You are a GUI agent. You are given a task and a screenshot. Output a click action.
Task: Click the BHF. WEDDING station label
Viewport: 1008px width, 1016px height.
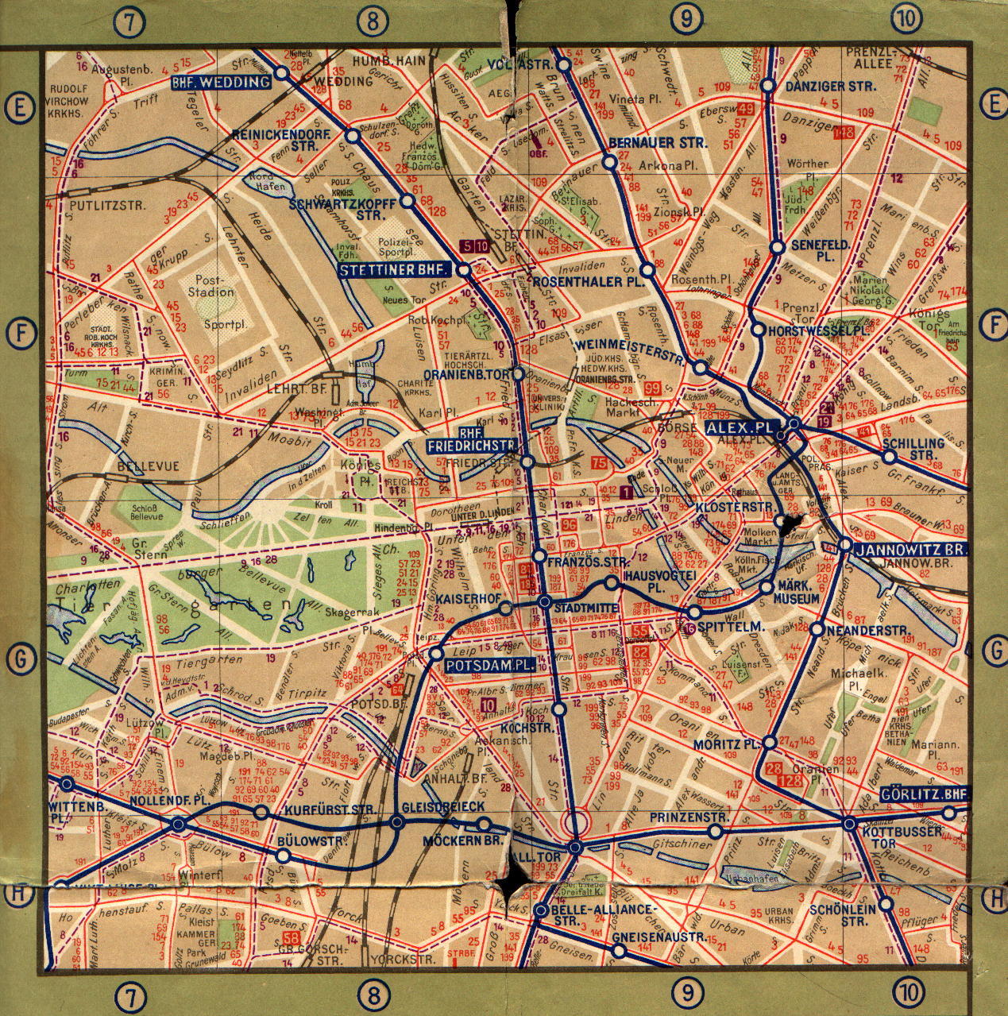[x=220, y=83]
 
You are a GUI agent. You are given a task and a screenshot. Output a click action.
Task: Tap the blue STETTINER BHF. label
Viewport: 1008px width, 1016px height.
[x=395, y=270]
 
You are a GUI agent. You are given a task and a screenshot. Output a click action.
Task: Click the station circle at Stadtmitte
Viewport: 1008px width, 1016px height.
[x=545, y=602]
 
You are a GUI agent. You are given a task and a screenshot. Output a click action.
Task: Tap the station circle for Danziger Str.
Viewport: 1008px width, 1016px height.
[x=767, y=86]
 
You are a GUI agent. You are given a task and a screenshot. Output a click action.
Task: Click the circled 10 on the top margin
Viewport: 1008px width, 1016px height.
[x=908, y=16]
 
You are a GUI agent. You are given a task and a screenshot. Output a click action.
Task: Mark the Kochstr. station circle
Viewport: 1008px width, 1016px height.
[x=559, y=709]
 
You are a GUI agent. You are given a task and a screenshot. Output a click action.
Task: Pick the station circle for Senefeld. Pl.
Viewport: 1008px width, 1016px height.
[x=778, y=248]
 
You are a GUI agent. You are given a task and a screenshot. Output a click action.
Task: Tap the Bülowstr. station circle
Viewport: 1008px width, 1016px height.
[x=283, y=856]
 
